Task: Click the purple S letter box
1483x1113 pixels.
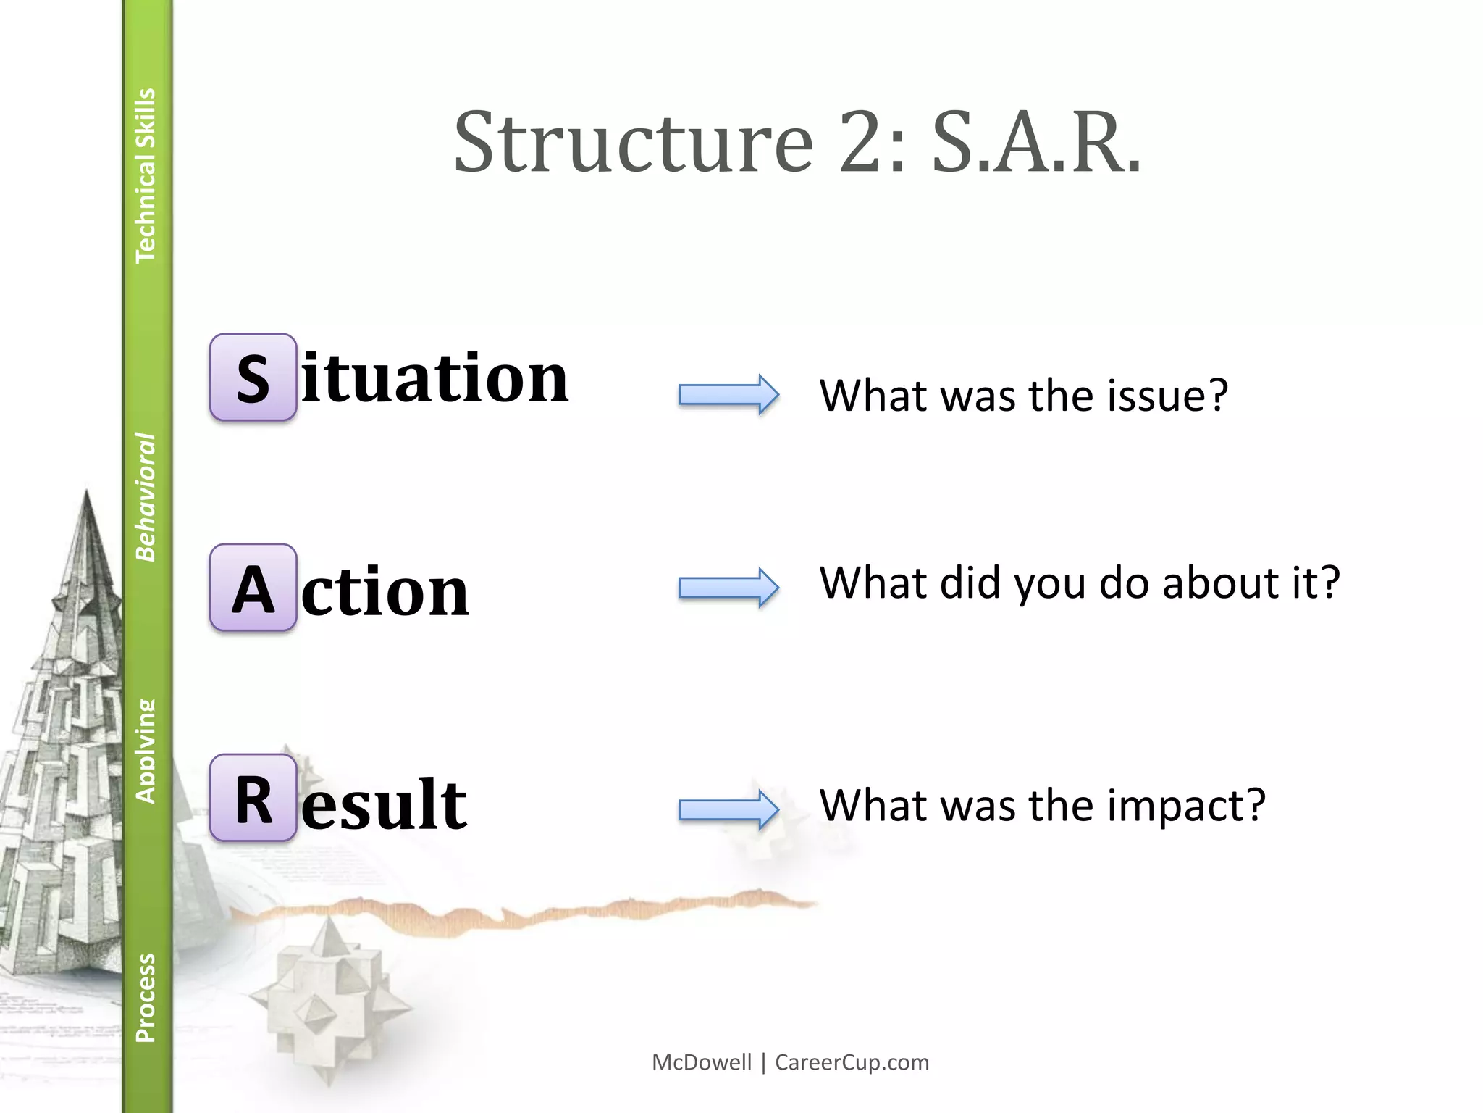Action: click(253, 378)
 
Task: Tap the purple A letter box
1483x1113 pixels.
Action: click(253, 588)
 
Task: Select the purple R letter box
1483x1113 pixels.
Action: click(253, 798)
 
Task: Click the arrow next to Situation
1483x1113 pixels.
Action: click(728, 395)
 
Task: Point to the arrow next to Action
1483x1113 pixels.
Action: click(728, 587)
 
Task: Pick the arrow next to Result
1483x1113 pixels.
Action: click(728, 809)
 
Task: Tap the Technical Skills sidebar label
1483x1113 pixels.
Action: click(146, 175)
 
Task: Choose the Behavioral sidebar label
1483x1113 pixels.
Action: click(146, 497)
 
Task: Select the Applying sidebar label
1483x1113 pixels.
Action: click(146, 751)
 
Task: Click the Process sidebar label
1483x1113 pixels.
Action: click(146, 998)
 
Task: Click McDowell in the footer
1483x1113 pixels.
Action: click(702, 1062)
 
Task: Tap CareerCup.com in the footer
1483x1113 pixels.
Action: click(852, 1062)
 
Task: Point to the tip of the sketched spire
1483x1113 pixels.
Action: click(87, 493)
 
